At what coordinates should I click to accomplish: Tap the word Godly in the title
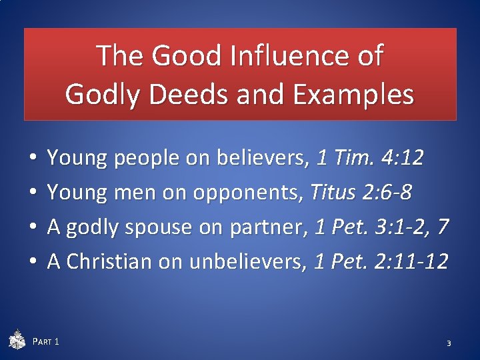point(105,95)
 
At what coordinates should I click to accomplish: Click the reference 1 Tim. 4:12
point(370,158)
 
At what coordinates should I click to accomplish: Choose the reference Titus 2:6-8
point(361,193)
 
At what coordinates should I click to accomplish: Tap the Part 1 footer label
point(46,342)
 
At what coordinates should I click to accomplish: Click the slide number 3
point(449,343)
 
